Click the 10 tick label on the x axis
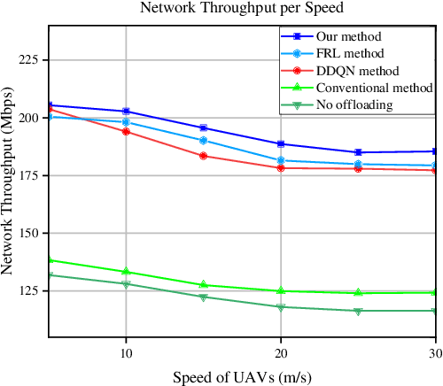(x=126, y=352)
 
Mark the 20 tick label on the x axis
(x=281, y=352)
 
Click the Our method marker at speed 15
(x=204, y=128)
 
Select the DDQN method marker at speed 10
(x=126, y=131)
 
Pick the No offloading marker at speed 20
(x=281, y=307)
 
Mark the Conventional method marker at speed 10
(x=126, y=272)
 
